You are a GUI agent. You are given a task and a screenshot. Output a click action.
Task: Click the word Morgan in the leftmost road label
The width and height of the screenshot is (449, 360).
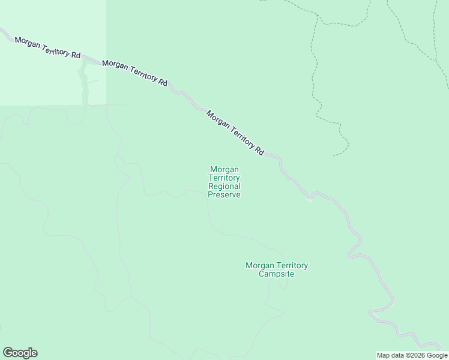26,43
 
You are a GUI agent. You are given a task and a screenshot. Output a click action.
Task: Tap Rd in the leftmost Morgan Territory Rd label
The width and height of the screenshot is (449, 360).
75,55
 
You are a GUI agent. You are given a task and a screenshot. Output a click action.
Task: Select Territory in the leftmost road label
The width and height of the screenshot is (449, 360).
54,50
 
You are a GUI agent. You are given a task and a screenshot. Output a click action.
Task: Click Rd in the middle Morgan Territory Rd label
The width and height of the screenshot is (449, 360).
162,82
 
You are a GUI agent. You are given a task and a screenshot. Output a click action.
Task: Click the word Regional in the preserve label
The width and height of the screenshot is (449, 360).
224,187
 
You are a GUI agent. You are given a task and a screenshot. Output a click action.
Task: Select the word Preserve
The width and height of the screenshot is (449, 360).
224,195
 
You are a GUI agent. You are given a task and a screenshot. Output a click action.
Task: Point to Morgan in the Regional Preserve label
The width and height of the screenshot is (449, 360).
224,170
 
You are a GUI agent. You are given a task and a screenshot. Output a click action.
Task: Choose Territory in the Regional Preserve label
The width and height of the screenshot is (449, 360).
224,178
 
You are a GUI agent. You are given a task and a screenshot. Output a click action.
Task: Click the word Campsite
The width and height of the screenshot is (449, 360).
276,274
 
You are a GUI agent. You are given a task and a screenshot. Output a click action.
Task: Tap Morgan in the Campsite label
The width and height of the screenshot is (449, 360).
260,266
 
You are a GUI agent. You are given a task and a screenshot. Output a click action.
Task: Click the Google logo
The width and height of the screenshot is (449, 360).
20,353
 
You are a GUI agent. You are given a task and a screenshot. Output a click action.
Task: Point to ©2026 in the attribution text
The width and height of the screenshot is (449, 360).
416,355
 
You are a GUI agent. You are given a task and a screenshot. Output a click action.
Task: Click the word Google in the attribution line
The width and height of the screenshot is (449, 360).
437,355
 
